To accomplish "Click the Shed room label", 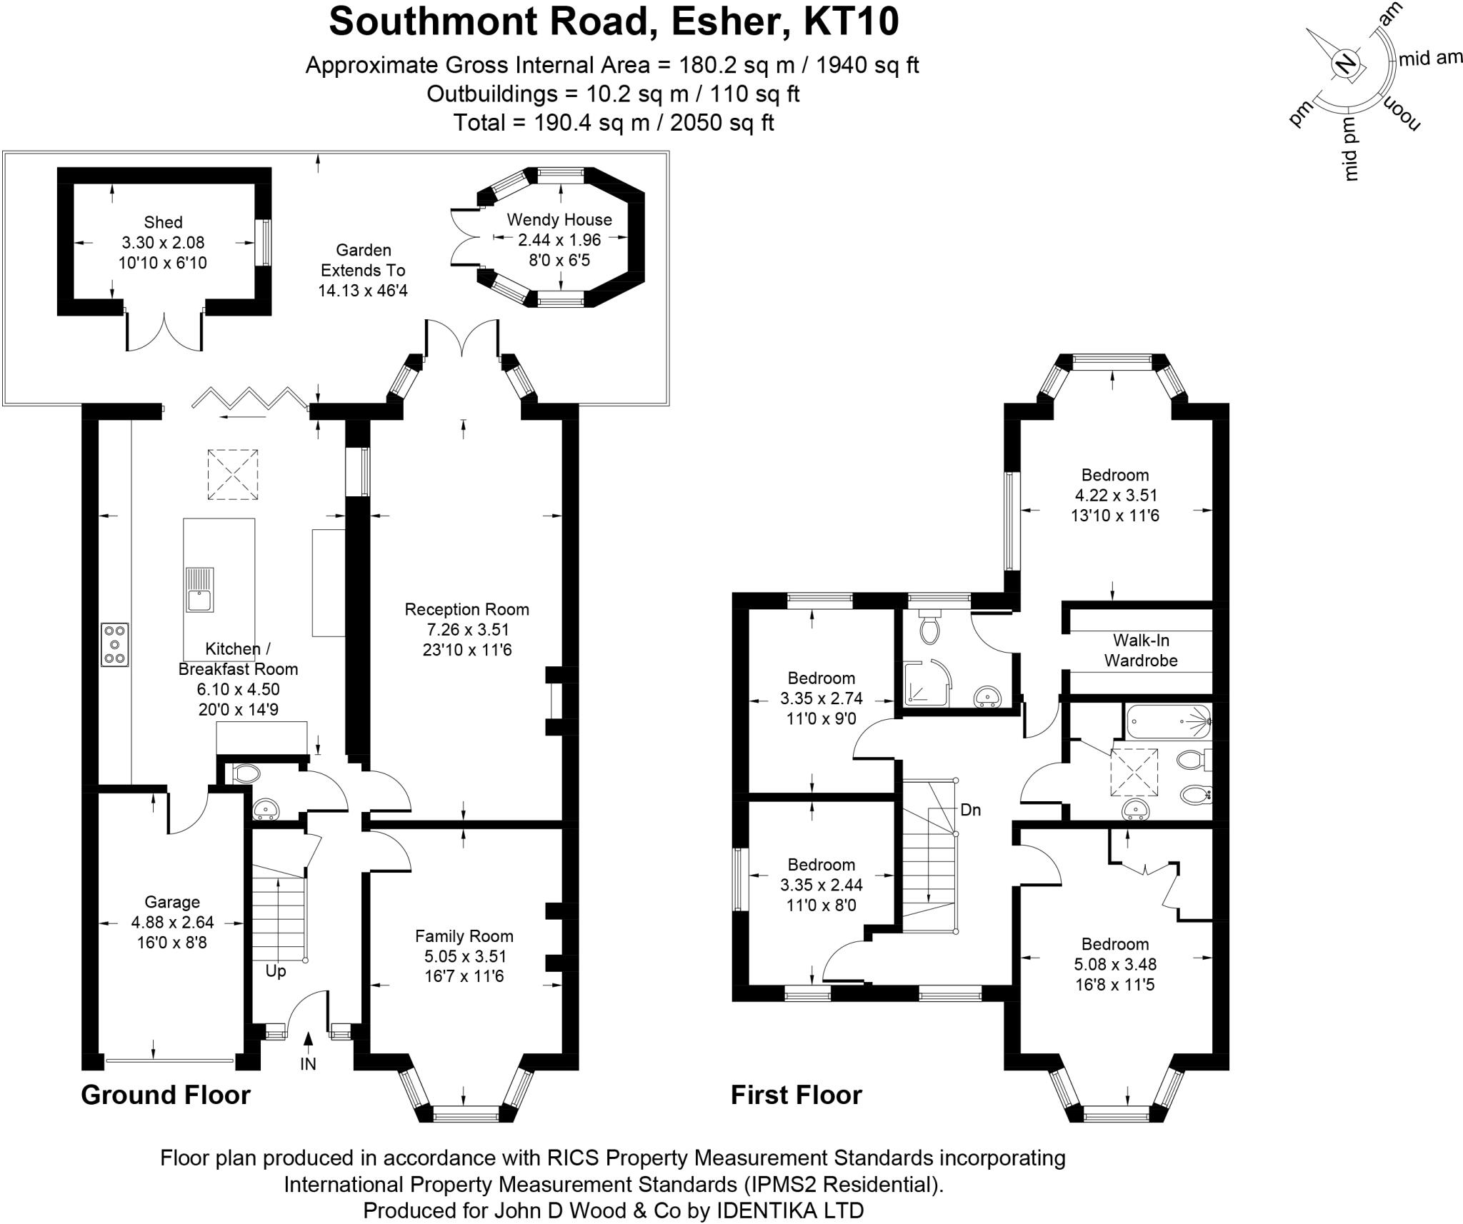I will (163, 222).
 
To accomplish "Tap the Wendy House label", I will (559, 219).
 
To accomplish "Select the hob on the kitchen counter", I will (115, 645).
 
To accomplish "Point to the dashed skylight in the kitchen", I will (233, 474).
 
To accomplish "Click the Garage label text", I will (172, 902).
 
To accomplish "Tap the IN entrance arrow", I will (308, 1043).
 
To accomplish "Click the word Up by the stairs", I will (276, 971).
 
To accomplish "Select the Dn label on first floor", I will (970, 810).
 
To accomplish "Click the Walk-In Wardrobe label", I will (1140, 650).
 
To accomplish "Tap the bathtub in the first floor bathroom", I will (1168, 721).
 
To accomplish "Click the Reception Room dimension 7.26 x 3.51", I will (466, 629).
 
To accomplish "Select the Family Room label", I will (464, 935).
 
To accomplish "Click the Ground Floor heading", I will (166, 1095).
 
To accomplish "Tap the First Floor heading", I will (796, 1095).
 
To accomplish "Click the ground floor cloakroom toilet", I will (246, 773).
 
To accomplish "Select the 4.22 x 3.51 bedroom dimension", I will (1114, 495).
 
